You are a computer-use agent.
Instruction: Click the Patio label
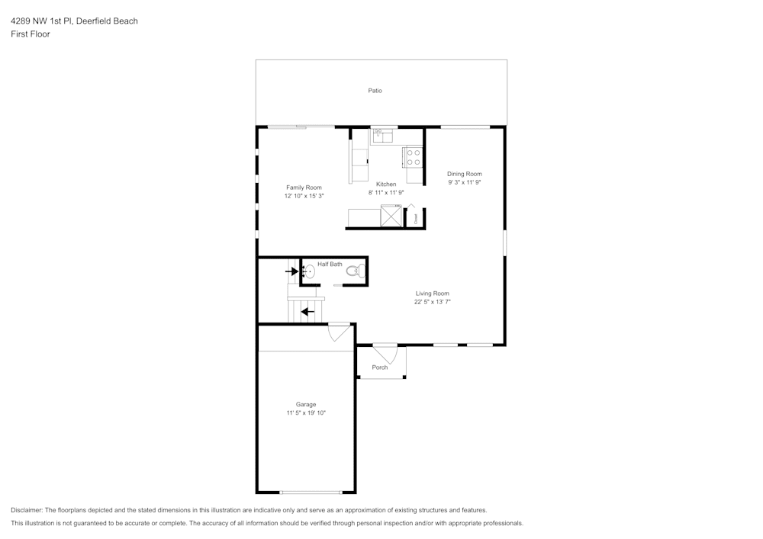coord(375,91)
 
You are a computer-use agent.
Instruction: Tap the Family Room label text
coord(304,188)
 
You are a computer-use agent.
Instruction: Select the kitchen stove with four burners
coord(413,157)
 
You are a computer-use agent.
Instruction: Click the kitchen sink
coord(381,136)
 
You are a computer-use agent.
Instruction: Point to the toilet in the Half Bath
coord(353,270)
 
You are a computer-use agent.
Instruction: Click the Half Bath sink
coord(310,271)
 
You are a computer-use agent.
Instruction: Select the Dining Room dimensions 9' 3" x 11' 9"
coord(464,183)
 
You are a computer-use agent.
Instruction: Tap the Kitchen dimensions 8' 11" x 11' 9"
coord(386,193)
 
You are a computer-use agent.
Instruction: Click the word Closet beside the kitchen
coord(416,218)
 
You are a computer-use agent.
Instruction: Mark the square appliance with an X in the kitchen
coord(391,217)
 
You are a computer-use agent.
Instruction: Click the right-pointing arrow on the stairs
coord(291,271)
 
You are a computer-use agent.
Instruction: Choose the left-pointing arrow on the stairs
coord(307,311)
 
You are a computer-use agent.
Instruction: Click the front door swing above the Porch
coord(385,353)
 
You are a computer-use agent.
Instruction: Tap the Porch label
coord(379,367)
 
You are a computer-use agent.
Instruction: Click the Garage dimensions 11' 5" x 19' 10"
coord(306,413)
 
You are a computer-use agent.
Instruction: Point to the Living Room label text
coord(432,294)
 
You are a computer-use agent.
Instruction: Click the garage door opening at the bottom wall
coord(310,492)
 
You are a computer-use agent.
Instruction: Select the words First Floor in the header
coord(31,34)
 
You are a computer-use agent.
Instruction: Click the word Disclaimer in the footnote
coord(27,510)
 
